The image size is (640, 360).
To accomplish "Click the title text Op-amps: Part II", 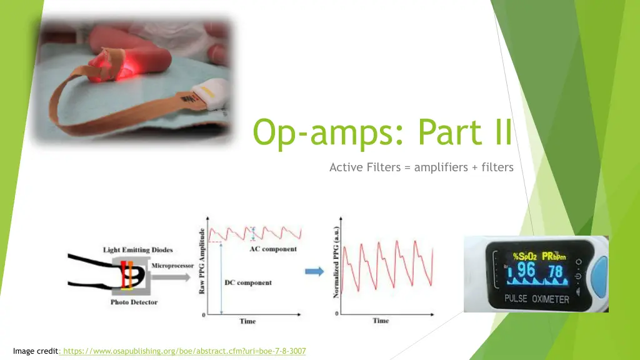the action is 382,131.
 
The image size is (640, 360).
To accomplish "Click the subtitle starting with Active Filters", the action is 421,167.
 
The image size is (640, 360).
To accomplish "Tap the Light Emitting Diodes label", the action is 137,250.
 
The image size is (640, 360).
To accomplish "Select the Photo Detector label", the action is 134,302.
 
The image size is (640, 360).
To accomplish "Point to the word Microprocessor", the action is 172,266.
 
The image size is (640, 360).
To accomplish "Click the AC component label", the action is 273,249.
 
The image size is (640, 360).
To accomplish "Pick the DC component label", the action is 247,282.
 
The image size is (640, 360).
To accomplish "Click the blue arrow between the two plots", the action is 314,271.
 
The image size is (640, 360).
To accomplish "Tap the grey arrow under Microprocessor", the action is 171,277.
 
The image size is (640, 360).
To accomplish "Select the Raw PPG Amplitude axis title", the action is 201,261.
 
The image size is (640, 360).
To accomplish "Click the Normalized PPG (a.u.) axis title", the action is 336,262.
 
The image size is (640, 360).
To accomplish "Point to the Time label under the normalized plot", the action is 381,321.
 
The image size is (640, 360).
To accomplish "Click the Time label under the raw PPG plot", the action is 247,321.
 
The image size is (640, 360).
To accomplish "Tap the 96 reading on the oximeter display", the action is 526,270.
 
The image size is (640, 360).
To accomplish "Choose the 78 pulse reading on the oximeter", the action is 556,271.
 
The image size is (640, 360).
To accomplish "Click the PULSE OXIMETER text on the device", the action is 537,299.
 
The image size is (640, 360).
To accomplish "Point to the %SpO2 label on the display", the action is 525,256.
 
